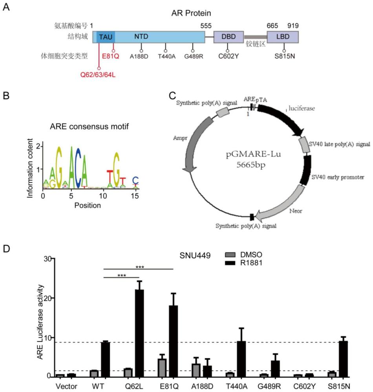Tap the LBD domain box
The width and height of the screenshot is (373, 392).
tap(282, 37)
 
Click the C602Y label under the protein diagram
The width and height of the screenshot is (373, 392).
tap(228, 56)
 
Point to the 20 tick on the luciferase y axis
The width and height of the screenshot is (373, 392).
tap(47, 298)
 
